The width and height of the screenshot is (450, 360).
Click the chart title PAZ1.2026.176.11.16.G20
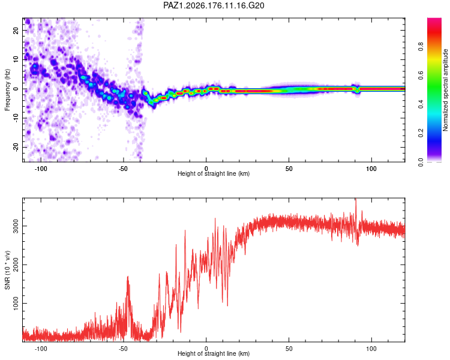[214, 5]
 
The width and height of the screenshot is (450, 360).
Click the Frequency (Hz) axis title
[7, 90]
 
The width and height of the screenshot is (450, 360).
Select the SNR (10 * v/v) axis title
[7, 270]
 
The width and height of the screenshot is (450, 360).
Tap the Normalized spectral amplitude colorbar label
[445, 90]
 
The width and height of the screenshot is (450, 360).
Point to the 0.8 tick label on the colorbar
[421, 46]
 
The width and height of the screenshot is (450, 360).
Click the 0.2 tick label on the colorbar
[421, 133]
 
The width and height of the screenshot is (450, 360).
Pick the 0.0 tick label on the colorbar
[421, 162]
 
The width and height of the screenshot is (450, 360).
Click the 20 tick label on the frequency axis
[16, 31]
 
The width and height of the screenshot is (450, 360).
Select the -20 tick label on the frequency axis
[16, 148]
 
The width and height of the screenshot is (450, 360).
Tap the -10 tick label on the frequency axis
[16, 118]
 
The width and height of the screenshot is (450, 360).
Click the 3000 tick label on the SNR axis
[16, 226]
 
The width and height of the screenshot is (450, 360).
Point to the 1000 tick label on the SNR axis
[16, 304]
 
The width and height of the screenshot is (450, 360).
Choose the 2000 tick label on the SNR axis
[16, 265]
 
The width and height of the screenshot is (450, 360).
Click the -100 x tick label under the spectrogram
[40, 169]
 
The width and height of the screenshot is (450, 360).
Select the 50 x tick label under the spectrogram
[289, 169]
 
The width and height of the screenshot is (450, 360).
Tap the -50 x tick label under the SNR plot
[123, 349]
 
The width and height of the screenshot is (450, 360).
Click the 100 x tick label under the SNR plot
[371, 349]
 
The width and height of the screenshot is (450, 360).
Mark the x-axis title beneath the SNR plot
[214, 353]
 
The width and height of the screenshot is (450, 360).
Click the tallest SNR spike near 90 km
[356, 199]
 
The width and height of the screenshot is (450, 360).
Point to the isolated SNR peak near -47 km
[128, 277]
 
